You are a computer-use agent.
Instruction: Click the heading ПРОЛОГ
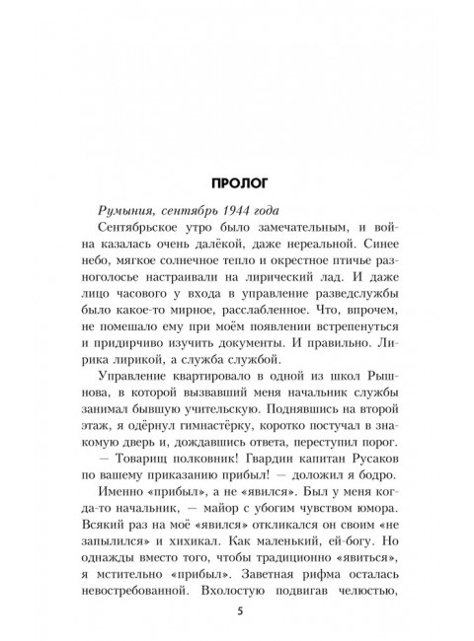click(237, 182)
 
